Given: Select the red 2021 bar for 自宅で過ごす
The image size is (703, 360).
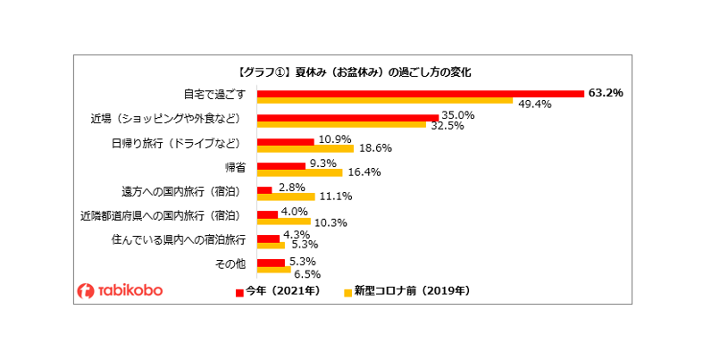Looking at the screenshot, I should click(x=420, y=93).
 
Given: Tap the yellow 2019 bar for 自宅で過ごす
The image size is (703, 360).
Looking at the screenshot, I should click(x=385, y=101).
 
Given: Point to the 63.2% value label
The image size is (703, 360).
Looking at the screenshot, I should click(x=606, y=92).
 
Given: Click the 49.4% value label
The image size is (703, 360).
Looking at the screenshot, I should click(x=534, y=104).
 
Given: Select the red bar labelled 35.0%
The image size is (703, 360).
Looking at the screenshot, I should click(x=347, y=117).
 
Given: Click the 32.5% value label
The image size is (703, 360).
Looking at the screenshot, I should click(x=448, y=127).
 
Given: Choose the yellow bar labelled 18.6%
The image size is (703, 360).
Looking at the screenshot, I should click(x=305, y=149).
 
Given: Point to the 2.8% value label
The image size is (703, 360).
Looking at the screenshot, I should click(x=293, y=188).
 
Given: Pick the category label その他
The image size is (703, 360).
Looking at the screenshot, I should click(x=230, y=264).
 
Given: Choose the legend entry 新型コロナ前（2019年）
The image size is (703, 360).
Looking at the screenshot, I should click(x=406, y=291).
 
